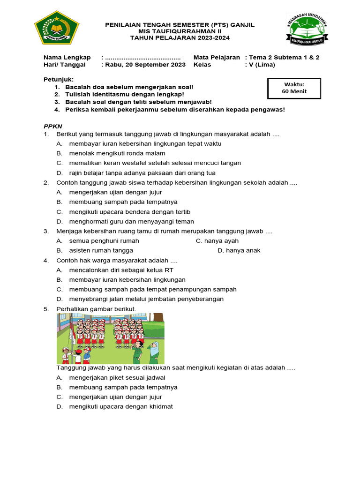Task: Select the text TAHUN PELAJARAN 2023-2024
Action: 180,37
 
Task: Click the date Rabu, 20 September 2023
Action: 145,65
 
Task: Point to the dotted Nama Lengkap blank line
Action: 143,57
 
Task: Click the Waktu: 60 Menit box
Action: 294,88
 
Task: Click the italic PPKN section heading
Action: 52,126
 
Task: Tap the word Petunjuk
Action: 59,79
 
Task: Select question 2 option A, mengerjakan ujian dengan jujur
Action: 115,192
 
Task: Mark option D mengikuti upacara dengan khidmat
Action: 120,406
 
